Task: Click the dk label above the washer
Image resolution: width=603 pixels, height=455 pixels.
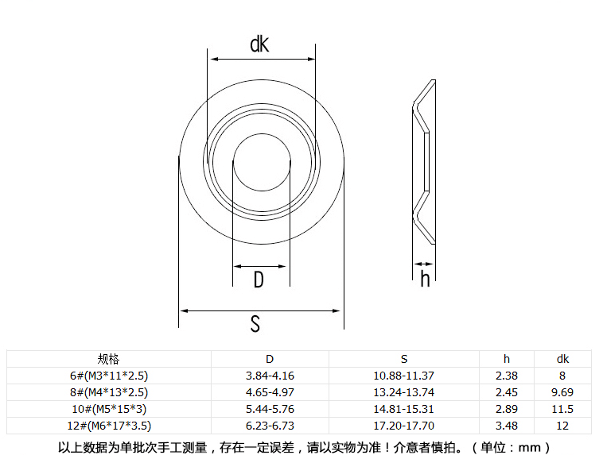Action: pyautogui.click(x=259, y=44)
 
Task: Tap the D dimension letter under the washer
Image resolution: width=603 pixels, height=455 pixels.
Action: pyautogui.click(x=259, y=280)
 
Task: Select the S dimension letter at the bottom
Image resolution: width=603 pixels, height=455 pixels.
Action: pyautogui.click(x=255, y=324)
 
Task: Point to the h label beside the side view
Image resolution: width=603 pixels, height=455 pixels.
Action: pyautogui.click(x=425, y=279)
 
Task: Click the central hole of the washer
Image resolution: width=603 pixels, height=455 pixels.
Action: pyautogui.click(x=262, y=162)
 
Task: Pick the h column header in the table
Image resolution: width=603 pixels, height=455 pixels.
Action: pyautogui.click(x=507, y=359)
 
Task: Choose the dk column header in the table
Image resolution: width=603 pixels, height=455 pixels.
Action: pyautogui.click(x=562, y=359)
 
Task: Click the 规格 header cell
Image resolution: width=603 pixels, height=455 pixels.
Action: pyautogui.click(x=108, y=359)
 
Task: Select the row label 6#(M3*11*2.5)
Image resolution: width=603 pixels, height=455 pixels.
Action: pyautogui.click(x=109, y=376)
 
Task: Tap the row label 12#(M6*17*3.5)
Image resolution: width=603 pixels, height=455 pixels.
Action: pyautogui.click(x=109, y=426)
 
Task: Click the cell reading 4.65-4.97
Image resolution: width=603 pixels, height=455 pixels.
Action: pyautogui.click(x=270, y=392)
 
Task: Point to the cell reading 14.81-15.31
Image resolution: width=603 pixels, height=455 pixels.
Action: pyautogui.click(x=404, y=409)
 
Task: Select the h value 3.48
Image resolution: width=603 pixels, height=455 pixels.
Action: pyautogui.click(x=507, y=426)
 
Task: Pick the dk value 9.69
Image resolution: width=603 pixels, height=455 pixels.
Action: pyautogui.click(x=562, y=392)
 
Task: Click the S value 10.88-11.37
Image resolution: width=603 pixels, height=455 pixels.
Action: pyautogui.click(x=404, y=376)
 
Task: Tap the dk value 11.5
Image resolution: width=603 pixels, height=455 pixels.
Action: pyautogui.click(x=562, y=409)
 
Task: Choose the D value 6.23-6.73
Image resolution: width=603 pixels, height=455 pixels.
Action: pyautogui.click(x=270, y=426)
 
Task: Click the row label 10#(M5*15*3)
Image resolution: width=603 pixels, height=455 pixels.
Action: pyautogui.click(x=109, y=409)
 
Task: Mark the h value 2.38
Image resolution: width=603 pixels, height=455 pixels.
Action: pyautogui.click(x=507, y=376)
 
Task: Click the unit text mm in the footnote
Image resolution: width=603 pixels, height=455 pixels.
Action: pyautogui.click(x=530, y=448)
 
